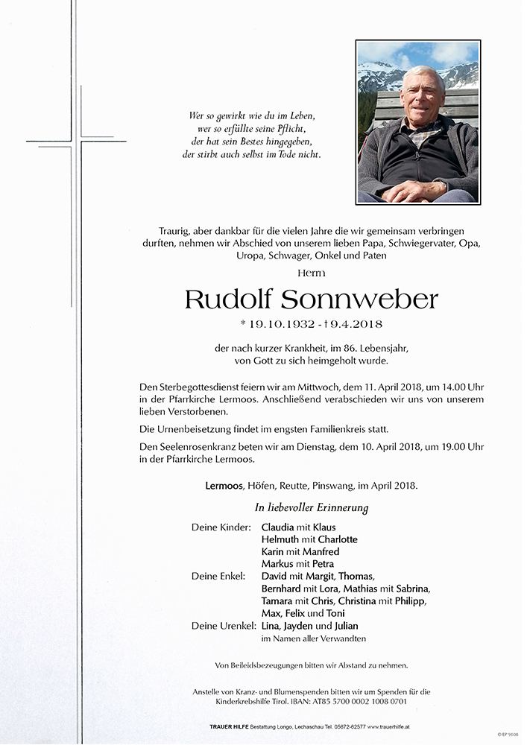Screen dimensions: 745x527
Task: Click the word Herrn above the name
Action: (312, 273)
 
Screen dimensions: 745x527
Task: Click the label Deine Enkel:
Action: (218, 576)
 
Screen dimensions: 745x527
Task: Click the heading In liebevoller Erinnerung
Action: (312, 508)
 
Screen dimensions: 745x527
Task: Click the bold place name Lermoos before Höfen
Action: (227, 486)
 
